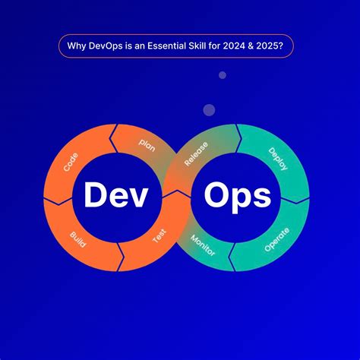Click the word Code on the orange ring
71,161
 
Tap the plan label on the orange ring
147,144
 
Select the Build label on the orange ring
77,240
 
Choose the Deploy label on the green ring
278,159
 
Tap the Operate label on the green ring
276,239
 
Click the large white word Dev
115,196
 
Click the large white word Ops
237,196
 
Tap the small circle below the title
223,75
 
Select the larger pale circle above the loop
209,110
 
